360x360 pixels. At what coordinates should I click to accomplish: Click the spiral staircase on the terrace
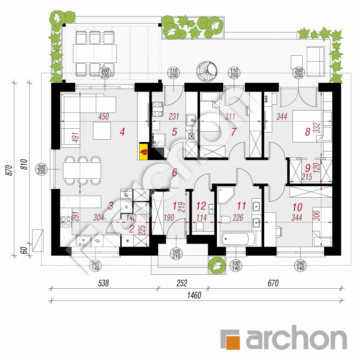(207, 71)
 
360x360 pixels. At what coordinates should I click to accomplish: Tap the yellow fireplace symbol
(144, 151)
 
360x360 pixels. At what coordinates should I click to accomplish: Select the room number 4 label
(122, 132)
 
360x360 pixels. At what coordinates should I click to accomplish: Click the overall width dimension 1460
(194, 295)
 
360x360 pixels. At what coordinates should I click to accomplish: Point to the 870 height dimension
(9, 170)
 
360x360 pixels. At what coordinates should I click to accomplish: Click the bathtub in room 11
(238, 239)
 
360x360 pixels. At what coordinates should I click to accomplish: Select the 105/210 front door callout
(176, 254)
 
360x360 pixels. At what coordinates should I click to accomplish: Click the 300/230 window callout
(105, 73)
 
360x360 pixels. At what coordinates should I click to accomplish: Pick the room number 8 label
(308, 132)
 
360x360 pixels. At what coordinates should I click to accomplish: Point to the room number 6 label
(174, 173)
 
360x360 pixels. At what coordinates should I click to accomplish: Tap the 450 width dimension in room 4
(103, 116)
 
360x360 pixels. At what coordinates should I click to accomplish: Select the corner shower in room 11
(225, 195)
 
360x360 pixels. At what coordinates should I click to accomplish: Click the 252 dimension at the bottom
(182, 283)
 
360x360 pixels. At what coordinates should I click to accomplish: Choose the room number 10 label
(297, 207)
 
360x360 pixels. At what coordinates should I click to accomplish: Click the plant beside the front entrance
(217, 265)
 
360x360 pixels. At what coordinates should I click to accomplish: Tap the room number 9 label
(308, 168)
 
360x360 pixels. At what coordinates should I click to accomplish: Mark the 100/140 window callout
(236, 265)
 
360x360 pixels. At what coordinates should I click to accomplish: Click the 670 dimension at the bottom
(273, 283)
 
